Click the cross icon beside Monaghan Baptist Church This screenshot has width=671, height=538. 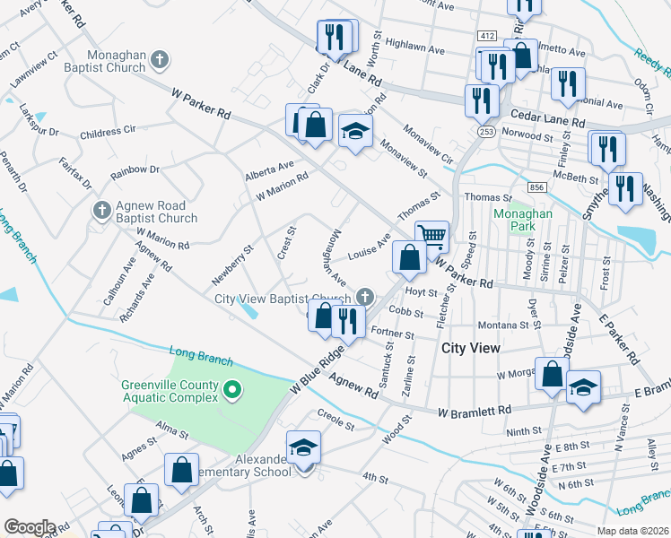coord(160,61)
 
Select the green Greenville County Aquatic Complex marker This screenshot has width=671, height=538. coord(232,389)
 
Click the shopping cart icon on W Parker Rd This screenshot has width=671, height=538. coord(432,236)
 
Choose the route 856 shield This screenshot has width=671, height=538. coord(537,187)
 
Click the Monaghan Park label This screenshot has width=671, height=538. coord(518,221)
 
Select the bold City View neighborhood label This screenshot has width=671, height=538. coord(469,346)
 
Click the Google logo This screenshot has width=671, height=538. coord(30,527)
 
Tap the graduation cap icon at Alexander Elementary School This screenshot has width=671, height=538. coord(304,447)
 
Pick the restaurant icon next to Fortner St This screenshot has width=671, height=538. coord(346,319)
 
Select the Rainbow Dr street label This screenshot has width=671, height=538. coord(135,169)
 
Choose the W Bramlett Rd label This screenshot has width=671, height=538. coord(474,410)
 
